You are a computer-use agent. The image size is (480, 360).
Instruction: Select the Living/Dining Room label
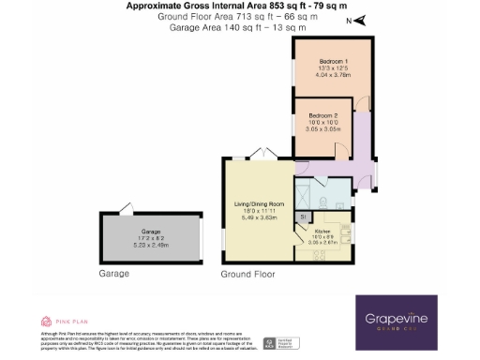coord(258,203)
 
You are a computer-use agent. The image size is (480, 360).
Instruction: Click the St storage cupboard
coord(303,217)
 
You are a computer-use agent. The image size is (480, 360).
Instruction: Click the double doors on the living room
coord(266,152)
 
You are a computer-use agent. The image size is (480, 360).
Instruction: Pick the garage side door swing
coord(126,208)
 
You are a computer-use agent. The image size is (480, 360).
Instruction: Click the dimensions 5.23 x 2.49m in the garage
coord(151,242)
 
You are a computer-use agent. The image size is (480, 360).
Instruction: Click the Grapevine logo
coord(408,320)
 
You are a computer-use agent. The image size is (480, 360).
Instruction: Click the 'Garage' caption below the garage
coord(112,275)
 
